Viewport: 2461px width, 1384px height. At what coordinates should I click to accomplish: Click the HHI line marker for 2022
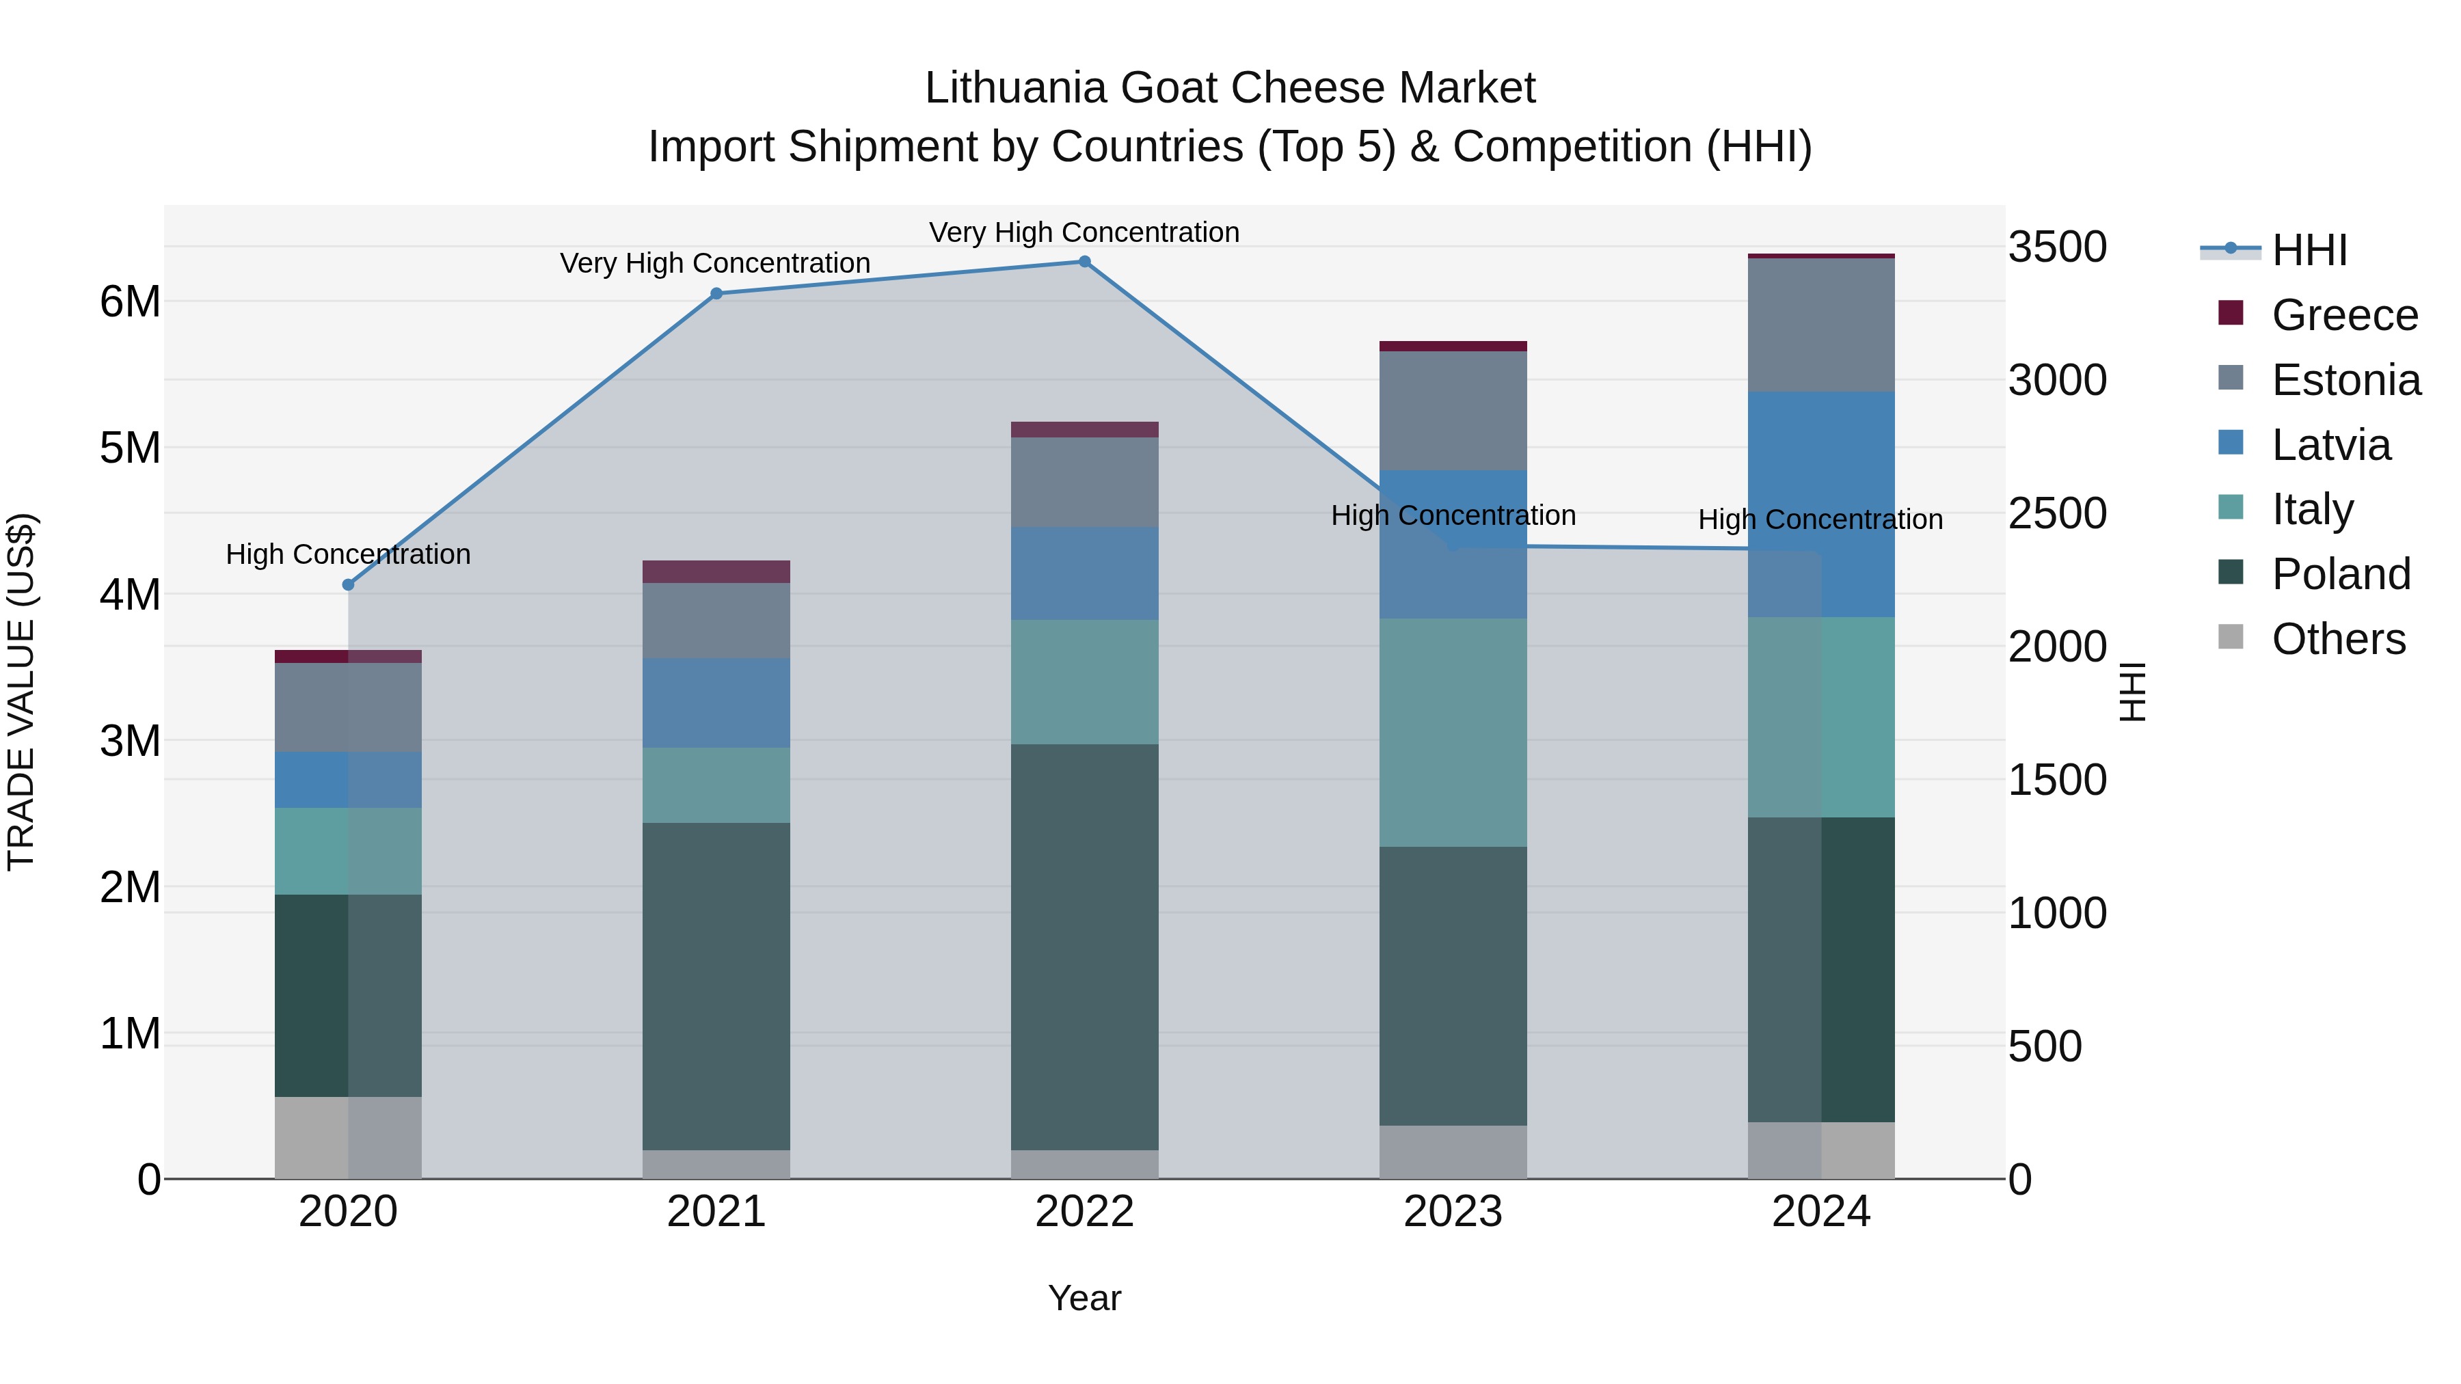(x=1084, y=262)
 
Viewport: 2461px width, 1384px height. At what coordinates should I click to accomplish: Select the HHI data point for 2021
(x=716, y=293)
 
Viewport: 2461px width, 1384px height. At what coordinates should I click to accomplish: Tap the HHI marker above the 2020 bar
(x=348, y=584)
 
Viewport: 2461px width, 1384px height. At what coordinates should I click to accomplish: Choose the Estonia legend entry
(x=2345, y=380)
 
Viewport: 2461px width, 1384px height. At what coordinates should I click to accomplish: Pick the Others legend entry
(x=2338, y=639)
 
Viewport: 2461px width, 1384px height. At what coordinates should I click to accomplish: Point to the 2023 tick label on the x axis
(x=1452, y=1212)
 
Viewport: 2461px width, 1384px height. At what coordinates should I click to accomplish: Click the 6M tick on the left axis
(x=130, y=302)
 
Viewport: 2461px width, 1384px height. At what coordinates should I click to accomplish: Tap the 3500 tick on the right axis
(x=2057, y=247)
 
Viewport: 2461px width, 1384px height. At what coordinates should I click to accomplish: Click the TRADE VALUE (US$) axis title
(x=21, y=692)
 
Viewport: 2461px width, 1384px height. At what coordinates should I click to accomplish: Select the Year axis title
(x=1084, y=1298)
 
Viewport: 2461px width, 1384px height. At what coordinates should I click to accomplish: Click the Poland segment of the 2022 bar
(x=1084, y=946)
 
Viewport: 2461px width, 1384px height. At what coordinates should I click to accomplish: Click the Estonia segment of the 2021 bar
(x=716, y=620)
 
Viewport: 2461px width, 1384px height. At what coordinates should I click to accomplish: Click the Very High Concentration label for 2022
(x=1084, y=232)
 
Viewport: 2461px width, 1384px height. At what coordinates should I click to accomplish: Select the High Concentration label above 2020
(x=348, y=554)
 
